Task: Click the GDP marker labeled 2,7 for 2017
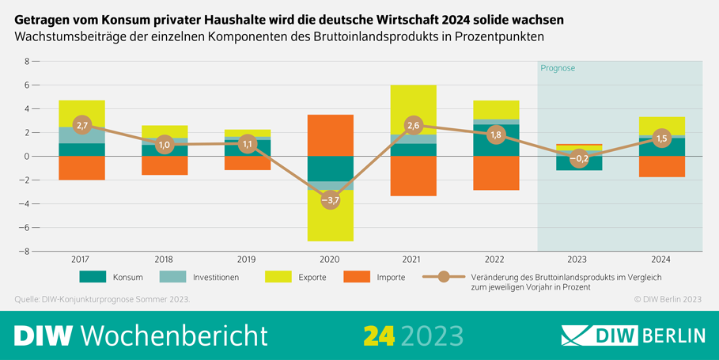(x=81, y=124)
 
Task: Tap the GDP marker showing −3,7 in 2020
(x=330, y=200)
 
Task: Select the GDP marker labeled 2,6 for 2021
(x=412, y=125)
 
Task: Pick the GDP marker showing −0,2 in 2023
(x=579, y=158)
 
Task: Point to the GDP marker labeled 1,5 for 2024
(x=662, y=138)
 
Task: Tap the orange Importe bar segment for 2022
(x=496, y=172)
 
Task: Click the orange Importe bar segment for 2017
(x=81, y=168)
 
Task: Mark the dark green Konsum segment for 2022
(x=496, y=140)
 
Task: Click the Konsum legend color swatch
(x=93, y=277)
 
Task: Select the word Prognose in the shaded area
(x=558, y=68)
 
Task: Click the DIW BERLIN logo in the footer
(x=633, y=335)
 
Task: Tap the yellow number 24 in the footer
(x=379, y=335)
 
